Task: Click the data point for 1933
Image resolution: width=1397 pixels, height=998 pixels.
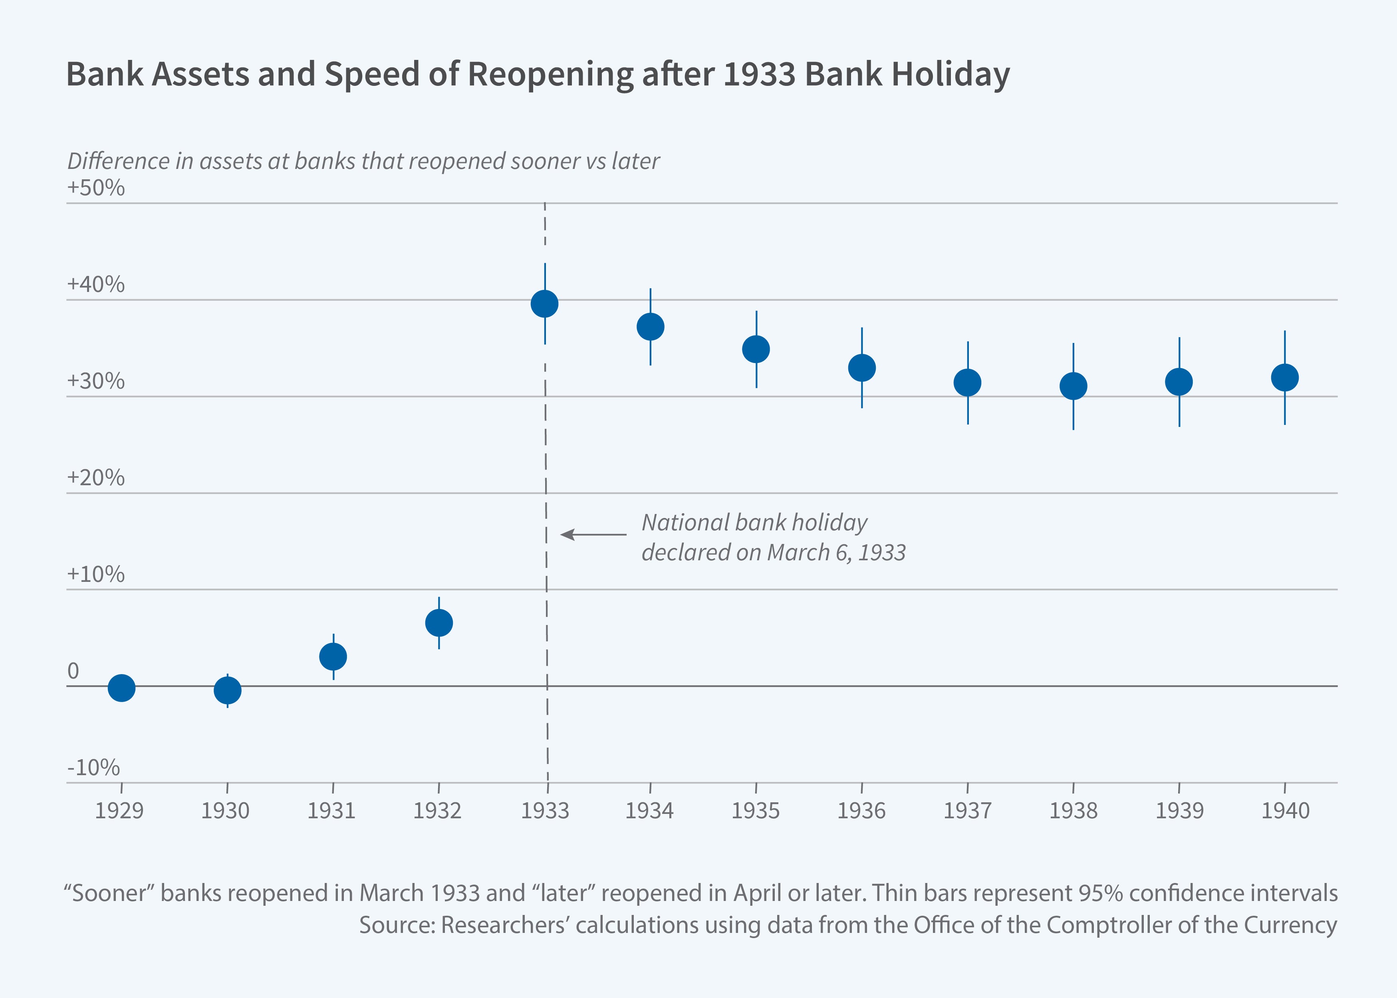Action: click(544, 304)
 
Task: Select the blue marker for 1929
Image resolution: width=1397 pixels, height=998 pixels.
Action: click(122, 688)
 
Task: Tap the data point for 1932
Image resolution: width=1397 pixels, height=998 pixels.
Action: click(439, 623)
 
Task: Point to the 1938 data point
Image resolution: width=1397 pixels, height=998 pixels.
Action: click(1073, 386)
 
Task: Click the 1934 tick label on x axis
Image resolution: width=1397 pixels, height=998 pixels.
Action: click(650, 811)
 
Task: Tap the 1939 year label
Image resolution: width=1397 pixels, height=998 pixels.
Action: click(1179, 811)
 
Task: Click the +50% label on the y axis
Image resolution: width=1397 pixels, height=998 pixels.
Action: click(96, 187)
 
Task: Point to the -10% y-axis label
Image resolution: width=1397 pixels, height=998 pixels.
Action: click(93, 768)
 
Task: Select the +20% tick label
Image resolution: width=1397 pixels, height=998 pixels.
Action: click(96, 478)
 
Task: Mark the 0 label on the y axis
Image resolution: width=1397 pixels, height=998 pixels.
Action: click(73, 671)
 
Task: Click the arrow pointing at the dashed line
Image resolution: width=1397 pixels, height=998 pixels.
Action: click(593, 535)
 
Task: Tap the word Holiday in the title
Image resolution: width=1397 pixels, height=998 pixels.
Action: click(950, 74)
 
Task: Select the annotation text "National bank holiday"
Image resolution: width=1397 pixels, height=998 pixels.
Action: click(754, 522)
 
